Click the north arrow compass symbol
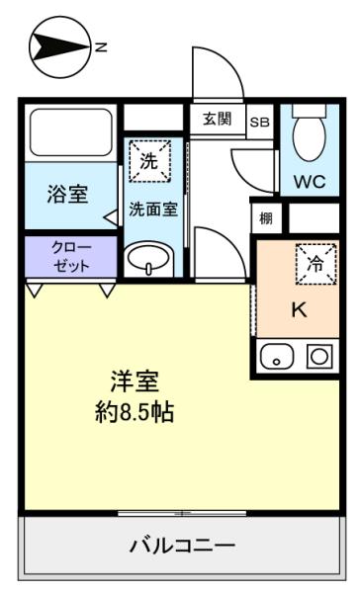tap(59, 46)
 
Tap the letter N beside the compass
tap(102, 47)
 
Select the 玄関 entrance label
tap(217, 120)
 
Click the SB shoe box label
tap(260, 122)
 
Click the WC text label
tap(310, 182)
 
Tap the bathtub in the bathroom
tap(71, 132)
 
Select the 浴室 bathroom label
tap(68, 194)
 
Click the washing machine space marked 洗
tap(149, 161)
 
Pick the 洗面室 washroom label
tap(153, 210)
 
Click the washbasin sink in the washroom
tap(148, 259)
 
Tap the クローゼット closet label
tap(71, 256)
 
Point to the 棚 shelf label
tap(266, 218)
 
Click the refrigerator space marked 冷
tap(316, 264)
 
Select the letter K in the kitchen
tap(299, 310)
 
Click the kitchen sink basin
tap(277, 356)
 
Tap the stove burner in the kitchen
tap(319, 356)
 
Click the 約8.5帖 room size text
tap(135, 412)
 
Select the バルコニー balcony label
tap(182, 546)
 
